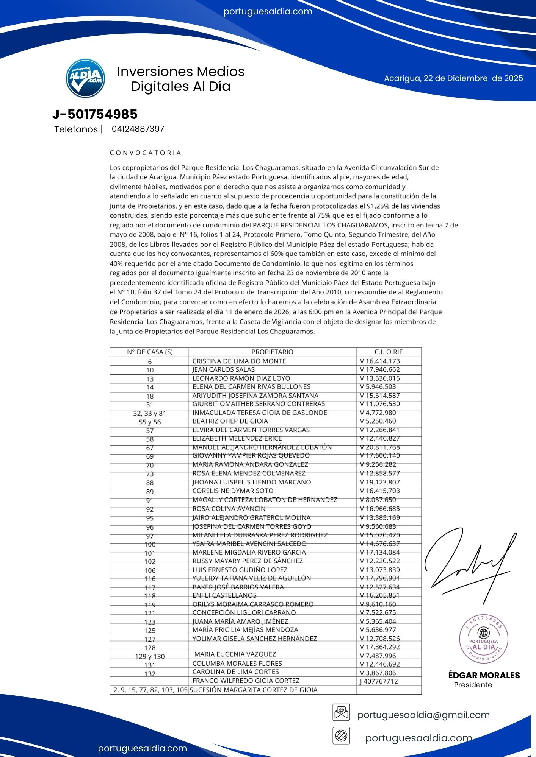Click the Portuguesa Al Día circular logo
pyautogui.click(x=85, y=78)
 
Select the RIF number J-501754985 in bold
pyautogui.click(x=95, y=114)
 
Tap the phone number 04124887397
pyautogui.click(x=138, y=129)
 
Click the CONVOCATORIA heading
pyautogui.click(x=146, y=153)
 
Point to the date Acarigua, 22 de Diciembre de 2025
pyautogui.click(x=453, y=78)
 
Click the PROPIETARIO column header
pyautogui.click(x=272, y=352)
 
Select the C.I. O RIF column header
pyautogui.click(x=388, y=352)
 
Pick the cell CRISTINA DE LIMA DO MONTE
pyautogui.click(x=239, y=361)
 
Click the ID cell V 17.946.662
pyautogui.click(x=379, y=369)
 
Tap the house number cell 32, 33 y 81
pyautogui.click(x=150, y=413)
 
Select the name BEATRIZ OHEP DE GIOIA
pyautogui.click(x=230, y=421)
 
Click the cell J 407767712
pyautogui.click(x=379, y=681)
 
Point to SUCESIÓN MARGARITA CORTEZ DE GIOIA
pyautogui.click(x=253, y=690)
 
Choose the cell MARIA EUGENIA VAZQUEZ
pyautogui.click(x=235, y=654)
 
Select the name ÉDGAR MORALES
pyautogui.click(x=484, y=675)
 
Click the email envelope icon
pyautogui.click(x=341, y=712)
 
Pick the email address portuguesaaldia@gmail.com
pyautogui.click(x=423, y=715)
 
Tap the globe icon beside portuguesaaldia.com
pyautogui.click(x=341, y=736)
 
